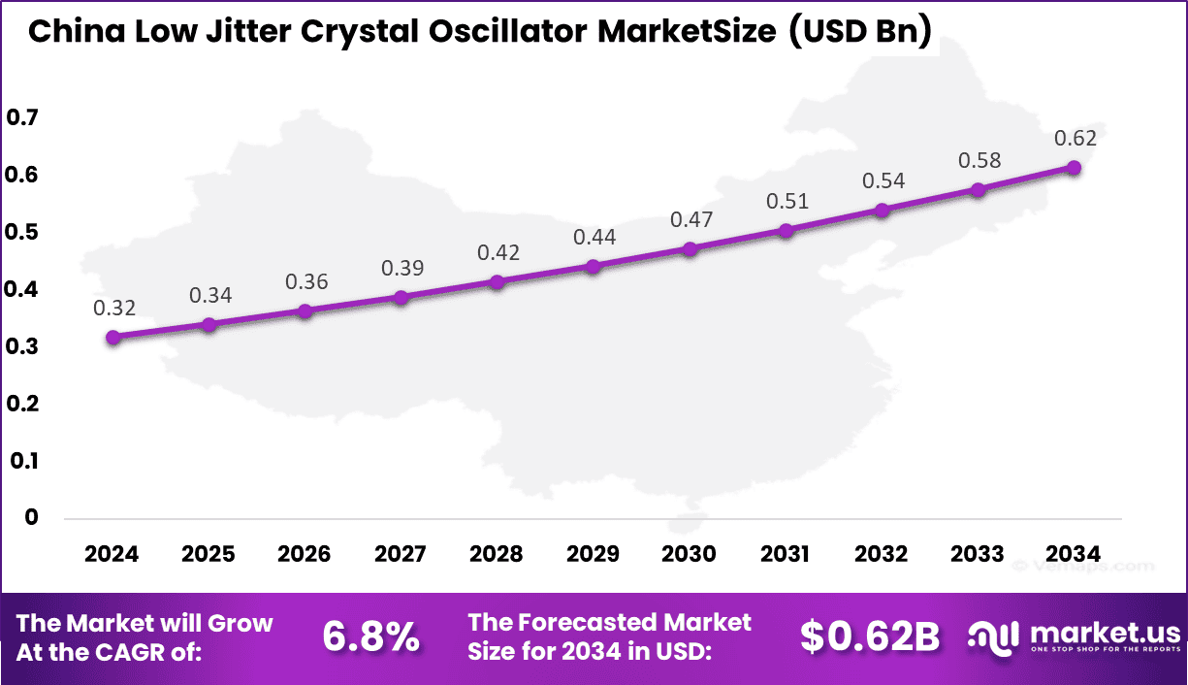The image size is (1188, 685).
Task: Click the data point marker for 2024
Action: (x=113, y=338)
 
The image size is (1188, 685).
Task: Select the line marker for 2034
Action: (x=1074, y=168)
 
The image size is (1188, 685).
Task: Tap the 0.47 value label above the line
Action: (x=690, y=220)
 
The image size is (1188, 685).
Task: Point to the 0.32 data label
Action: (x=113, y=308)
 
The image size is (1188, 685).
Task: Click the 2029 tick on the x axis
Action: (x=593, y=554)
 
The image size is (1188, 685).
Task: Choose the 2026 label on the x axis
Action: (x=304, y=554)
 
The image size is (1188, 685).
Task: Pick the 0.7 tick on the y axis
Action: (x=22, y=118)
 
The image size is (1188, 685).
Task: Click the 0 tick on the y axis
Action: (x=31, y=517)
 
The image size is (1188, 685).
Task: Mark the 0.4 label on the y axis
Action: (x=22, y=289)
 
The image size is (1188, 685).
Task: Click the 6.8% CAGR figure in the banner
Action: (x=370, y=636)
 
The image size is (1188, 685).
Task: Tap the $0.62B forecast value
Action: (x=870, y=636)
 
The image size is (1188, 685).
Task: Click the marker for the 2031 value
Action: (x=786, y=231)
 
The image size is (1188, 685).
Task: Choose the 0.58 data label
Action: (x=979, y=160)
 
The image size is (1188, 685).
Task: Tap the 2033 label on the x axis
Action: (x=978, y=554)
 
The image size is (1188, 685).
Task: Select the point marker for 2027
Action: (x=401, y=298)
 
